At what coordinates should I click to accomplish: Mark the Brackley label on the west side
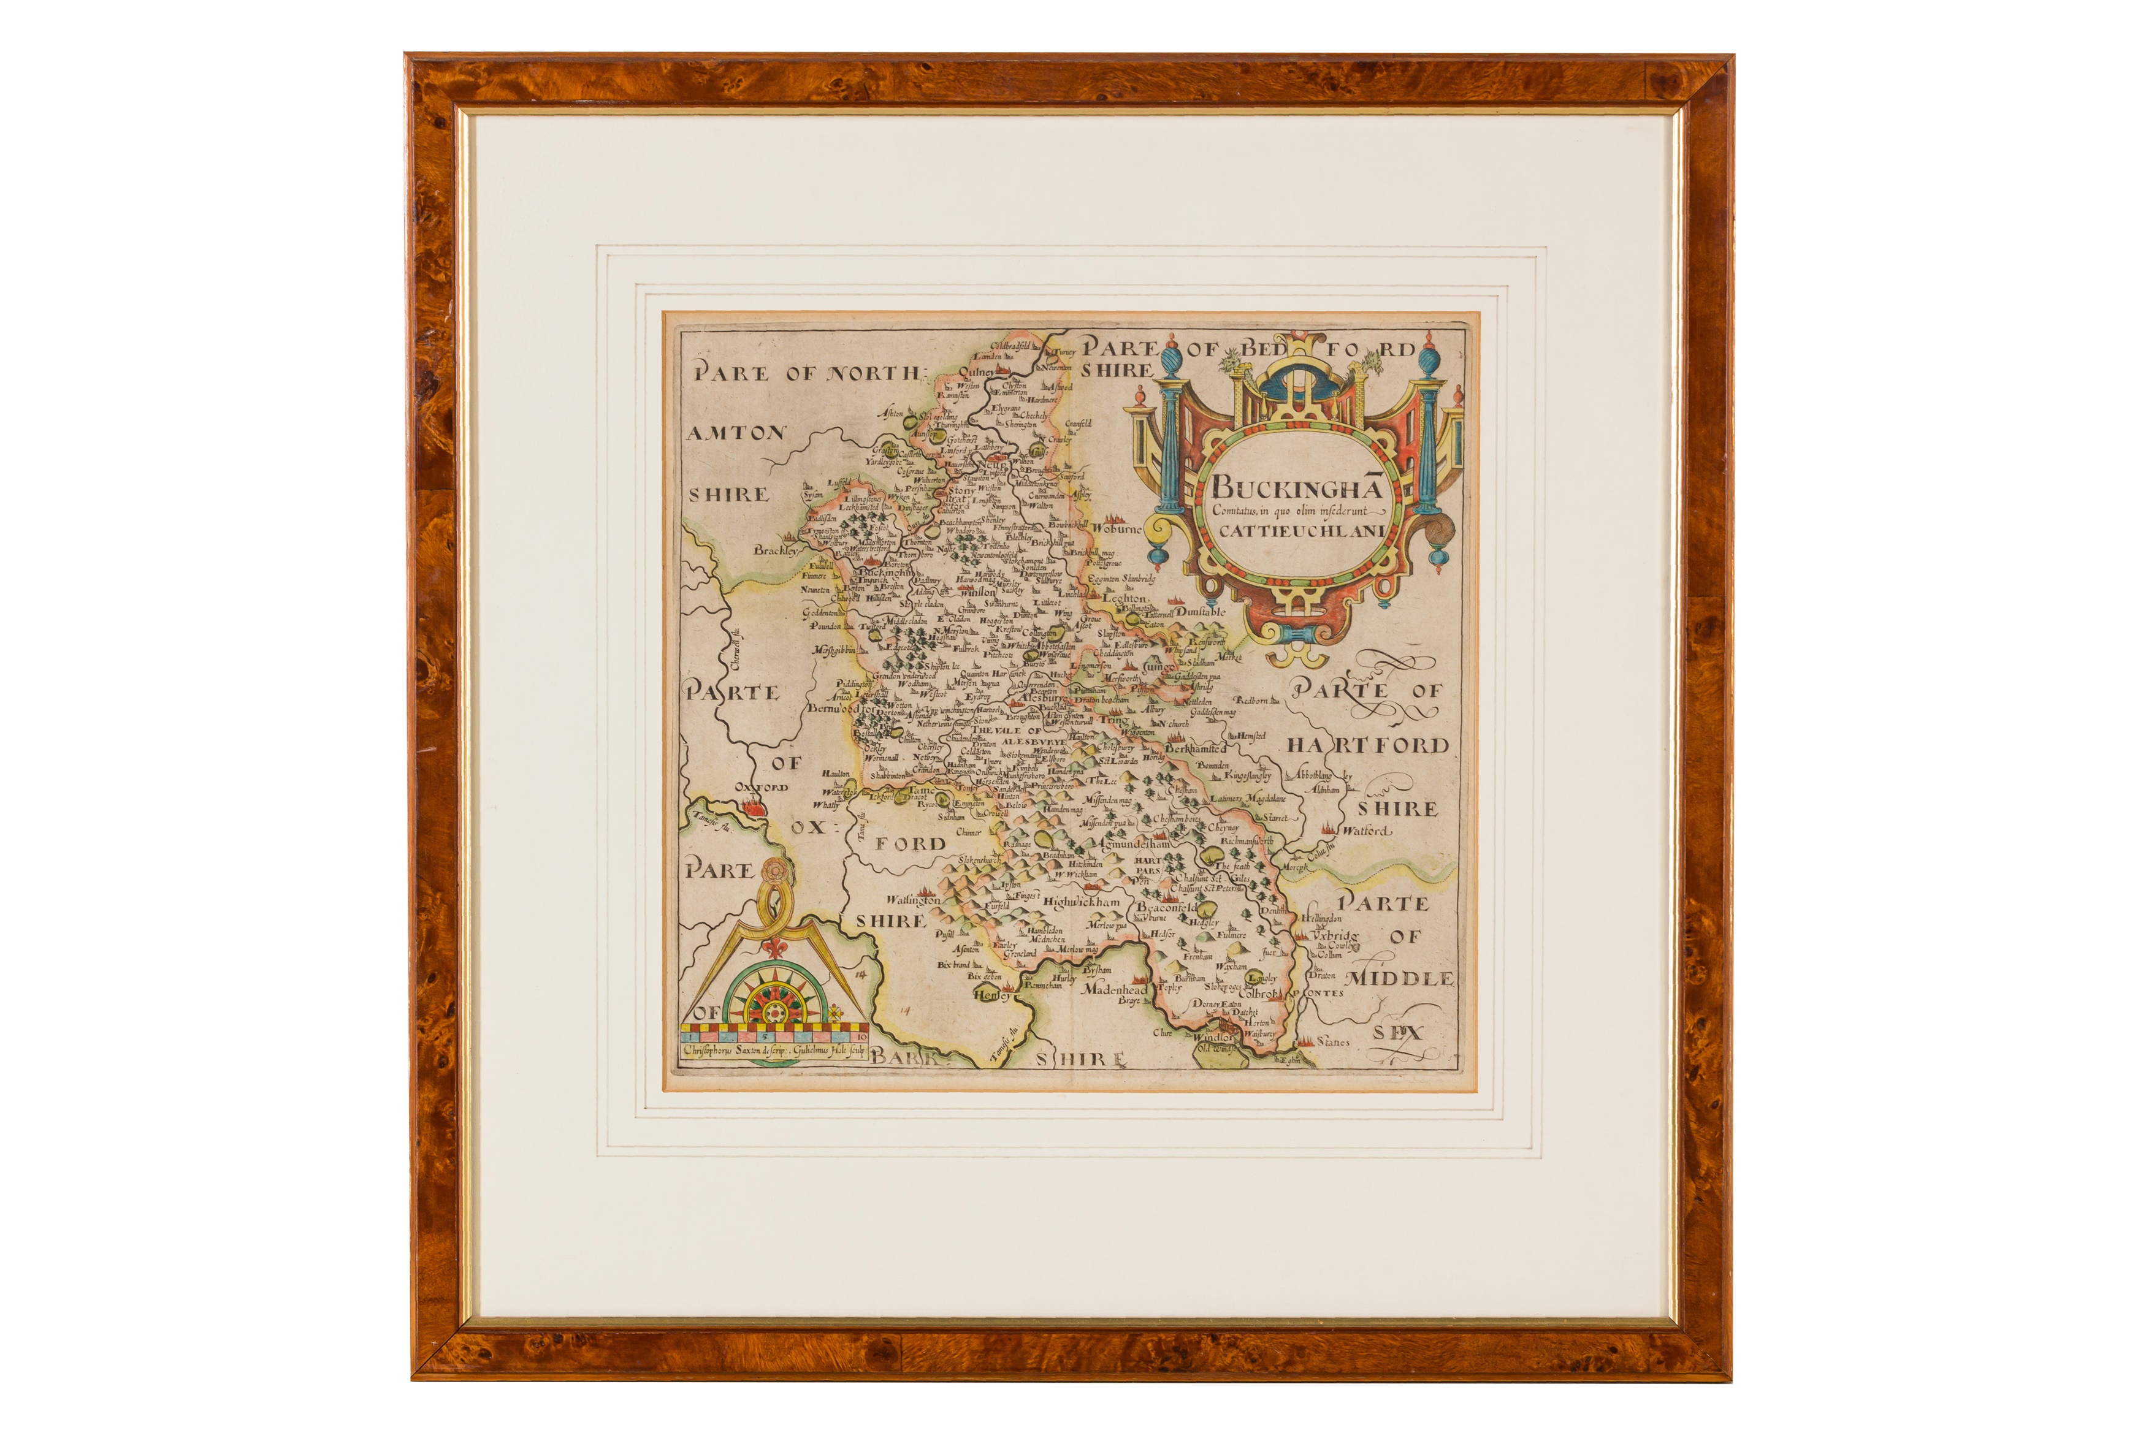[x=775, y=551]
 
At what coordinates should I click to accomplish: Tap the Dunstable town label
[x=1201, y=612]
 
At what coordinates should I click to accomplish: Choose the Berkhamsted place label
[x=1196, y=748]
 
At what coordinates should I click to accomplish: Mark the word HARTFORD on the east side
[x=1368, y=746]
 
